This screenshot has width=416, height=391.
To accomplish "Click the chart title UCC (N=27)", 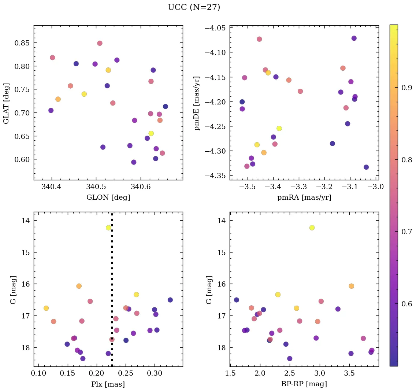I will [x=194, y=7].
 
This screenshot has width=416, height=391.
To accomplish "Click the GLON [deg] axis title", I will [x=108, y=198].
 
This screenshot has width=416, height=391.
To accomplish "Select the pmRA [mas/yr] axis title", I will [x=304, y=198].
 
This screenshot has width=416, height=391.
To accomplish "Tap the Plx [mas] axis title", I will [x=108, y=384].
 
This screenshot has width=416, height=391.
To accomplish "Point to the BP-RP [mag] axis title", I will [x=304, y=384].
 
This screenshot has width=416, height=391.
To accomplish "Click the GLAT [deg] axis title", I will [x=6, y=103].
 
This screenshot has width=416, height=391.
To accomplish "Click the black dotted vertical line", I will [x=112, y=293].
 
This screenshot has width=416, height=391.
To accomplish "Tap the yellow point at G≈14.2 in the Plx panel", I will [x=108, y=228].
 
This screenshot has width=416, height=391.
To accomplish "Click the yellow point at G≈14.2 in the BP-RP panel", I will [x=312, y=228].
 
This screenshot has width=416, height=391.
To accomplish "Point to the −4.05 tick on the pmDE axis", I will [x=218, y=28].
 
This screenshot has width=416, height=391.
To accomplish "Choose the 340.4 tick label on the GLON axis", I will [x=52, y=188].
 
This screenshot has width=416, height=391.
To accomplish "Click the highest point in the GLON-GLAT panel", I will [x=100, y=43].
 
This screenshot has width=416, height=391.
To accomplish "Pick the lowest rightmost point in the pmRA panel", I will [x=366, y=167].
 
